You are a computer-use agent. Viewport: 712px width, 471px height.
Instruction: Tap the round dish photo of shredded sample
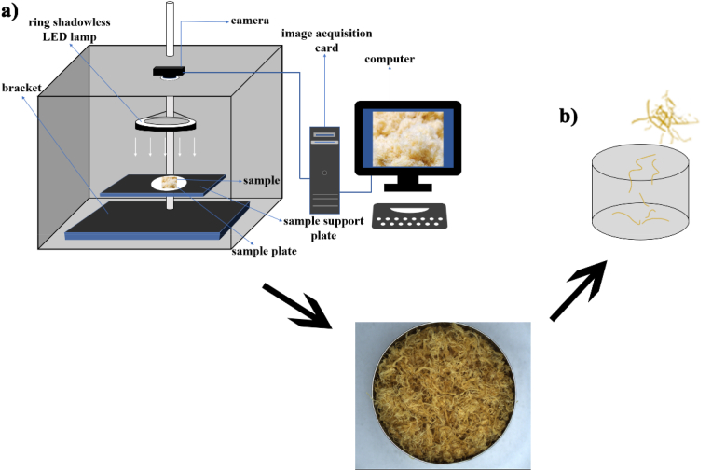444,395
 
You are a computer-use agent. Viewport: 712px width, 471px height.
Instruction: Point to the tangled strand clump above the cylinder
664,116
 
